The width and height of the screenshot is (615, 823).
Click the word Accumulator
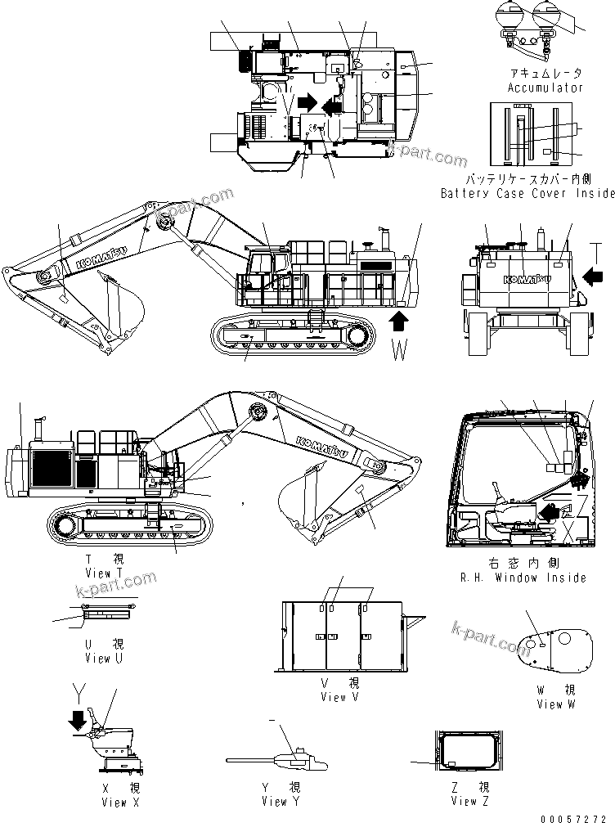point(545,88)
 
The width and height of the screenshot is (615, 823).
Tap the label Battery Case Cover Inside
point(527,194)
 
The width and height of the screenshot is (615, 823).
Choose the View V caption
point(333,697)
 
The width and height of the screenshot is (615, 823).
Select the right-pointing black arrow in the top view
point(307,102)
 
